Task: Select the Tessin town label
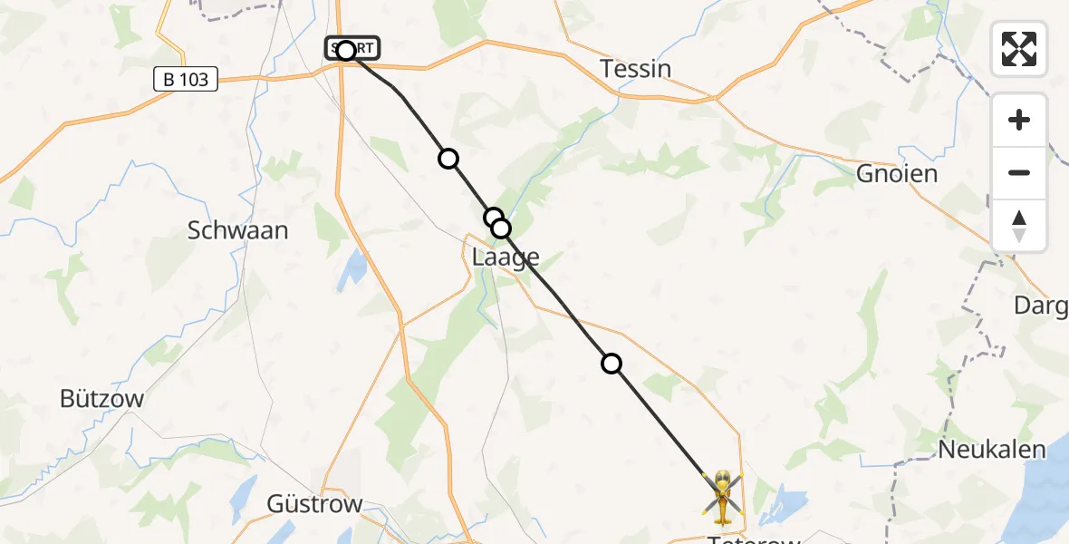click(x=636, y=69)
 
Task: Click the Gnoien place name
click(x=897, y=173)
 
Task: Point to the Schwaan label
click(x=238, y=230)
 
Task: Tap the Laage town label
click(x=506, y=257)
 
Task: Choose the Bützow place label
click(x=101, y=398)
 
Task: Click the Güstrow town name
click(x=314, y=504)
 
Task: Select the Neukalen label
click(x=992, y=449)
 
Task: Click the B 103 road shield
click(x=186, y=80)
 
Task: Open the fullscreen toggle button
click(x=1019, y=49)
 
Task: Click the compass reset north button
click(x=1019, y=226)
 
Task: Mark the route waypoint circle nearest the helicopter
click(x=612, y=364)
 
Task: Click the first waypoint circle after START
click(x=448, y=159)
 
